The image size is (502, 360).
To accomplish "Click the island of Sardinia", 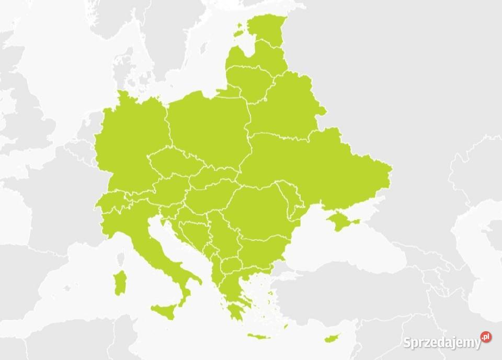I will [x=120, y=282].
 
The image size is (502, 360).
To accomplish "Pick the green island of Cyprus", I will [x=331, y=338].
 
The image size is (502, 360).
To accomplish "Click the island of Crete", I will [x=259, y=336].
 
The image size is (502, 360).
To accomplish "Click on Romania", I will [x=256, y=209].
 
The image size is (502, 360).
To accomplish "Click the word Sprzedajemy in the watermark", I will [x=441, y=343].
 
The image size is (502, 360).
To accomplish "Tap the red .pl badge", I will [x=486, y=338].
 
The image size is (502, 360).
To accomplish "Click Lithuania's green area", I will [x=251, y=81].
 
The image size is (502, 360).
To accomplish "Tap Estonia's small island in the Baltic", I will [x=239, y=32].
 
